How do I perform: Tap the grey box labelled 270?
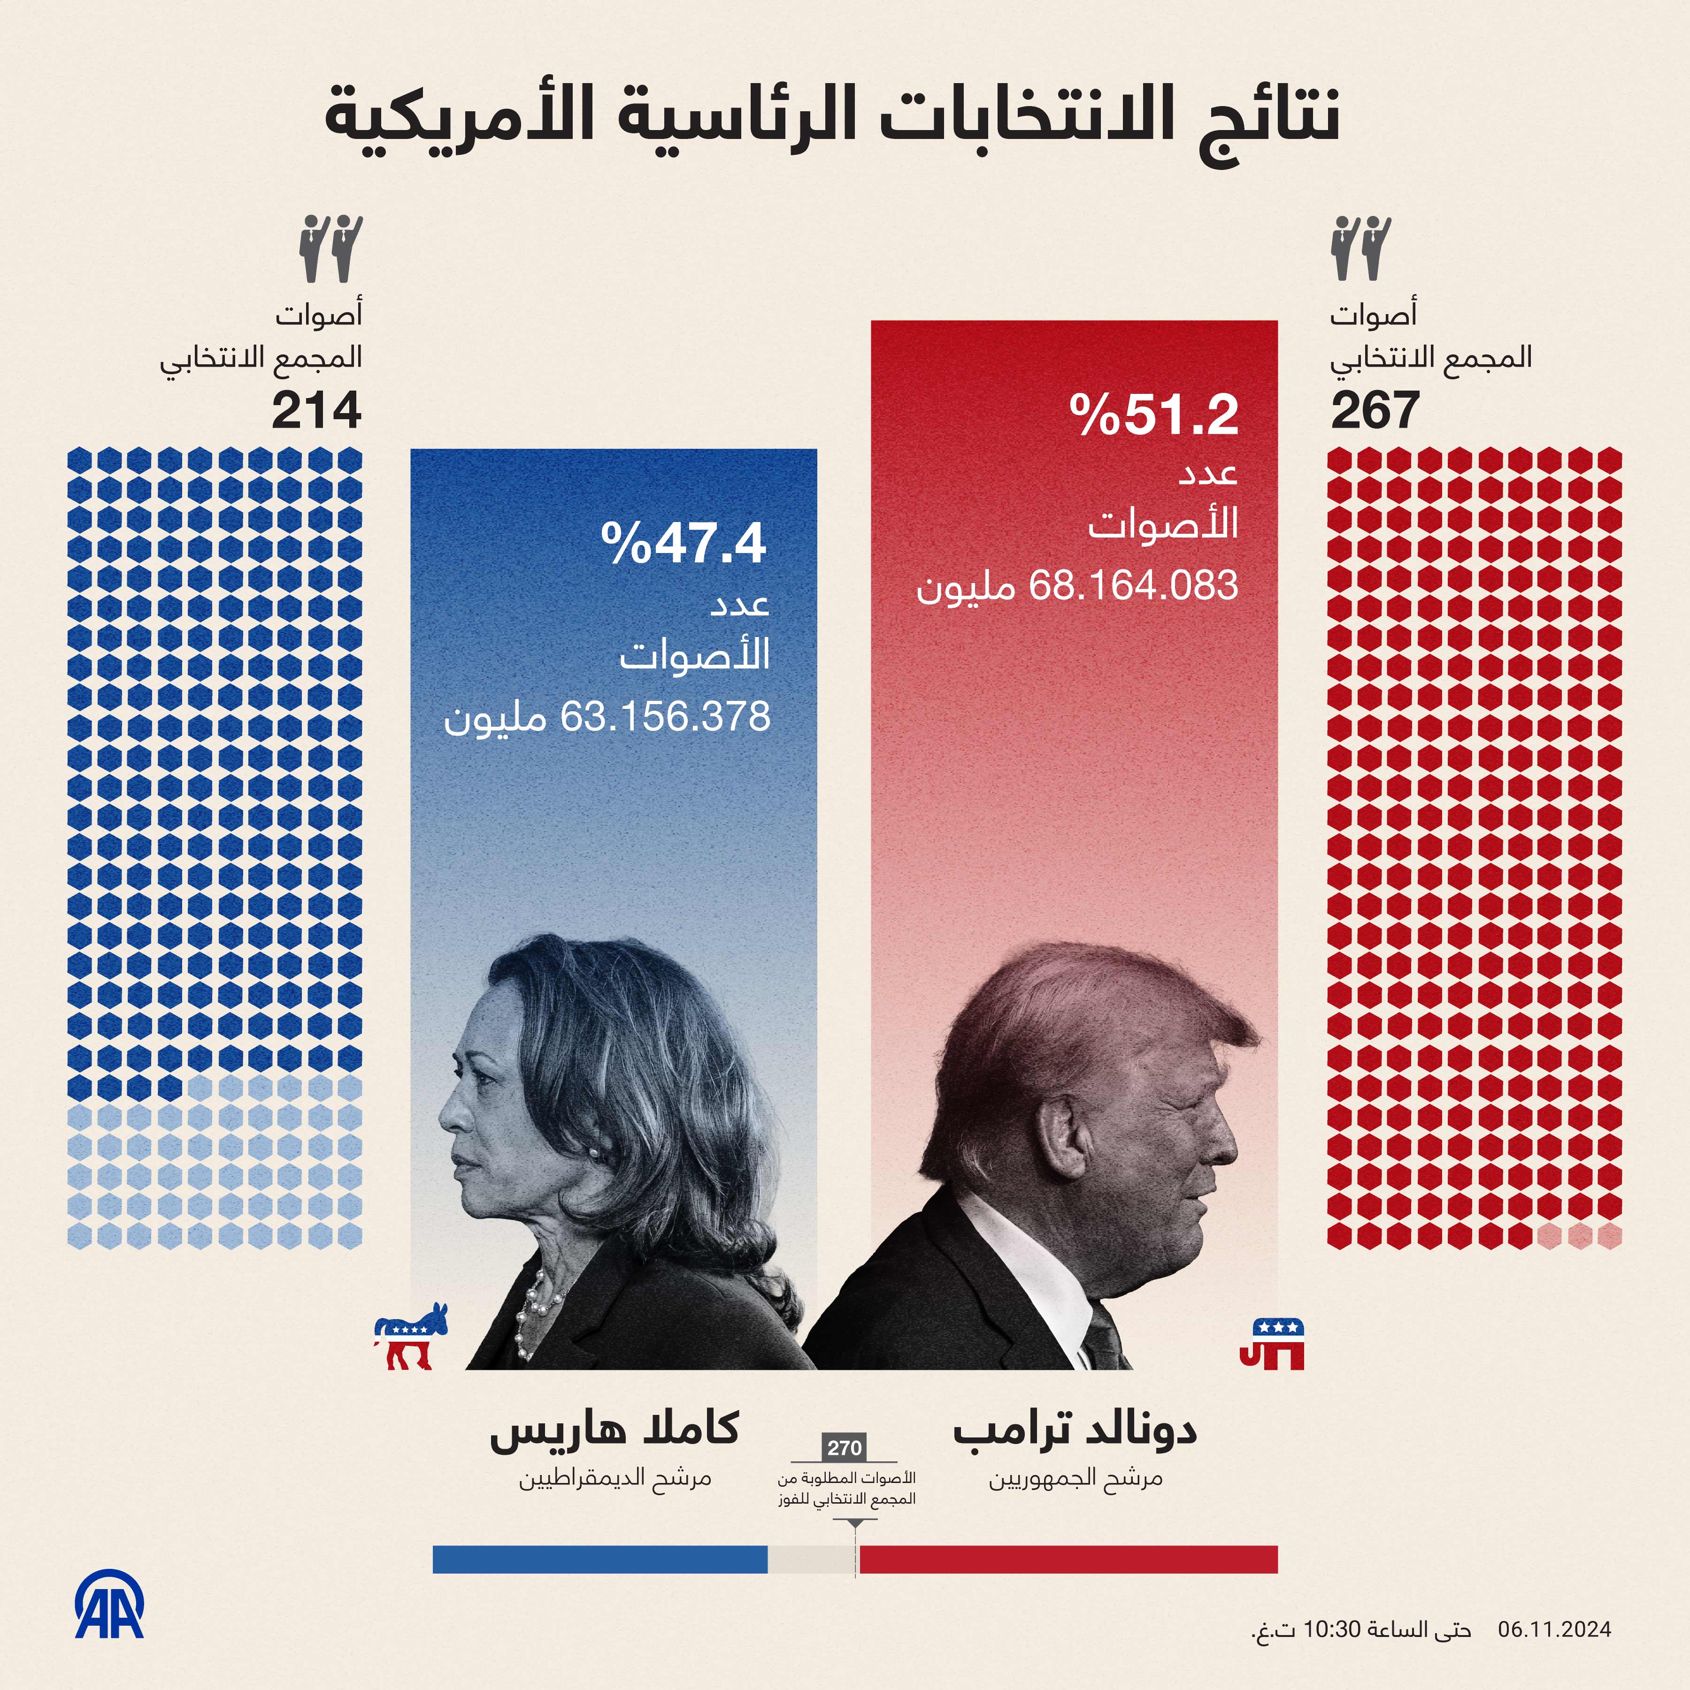pyautogui.click(x=844, y=1448)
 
